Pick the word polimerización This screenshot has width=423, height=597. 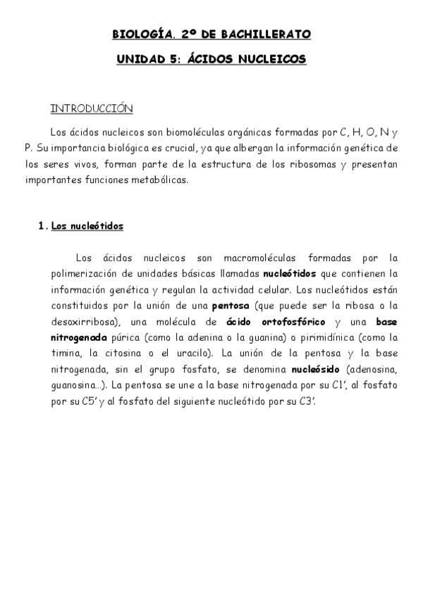[x=85, y=273]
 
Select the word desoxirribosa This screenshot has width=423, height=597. [x=82, y=321]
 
